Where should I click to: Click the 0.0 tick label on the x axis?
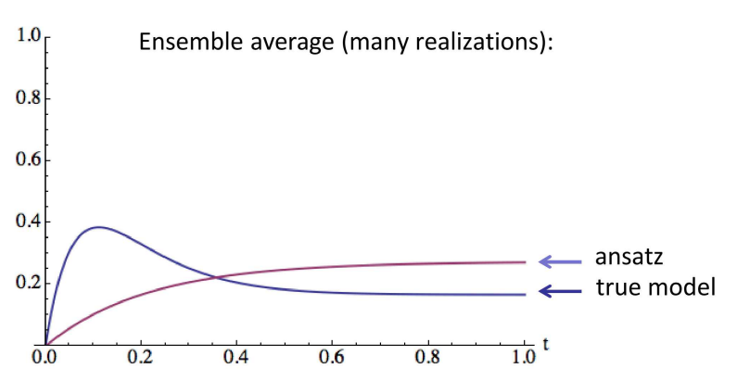tap(44, 356)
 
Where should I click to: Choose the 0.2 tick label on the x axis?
tap(141, 356)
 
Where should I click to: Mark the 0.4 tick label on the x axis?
tap(236, 356)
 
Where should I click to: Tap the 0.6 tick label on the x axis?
tap(333, 356)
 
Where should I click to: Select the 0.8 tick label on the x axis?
tap(428, 356)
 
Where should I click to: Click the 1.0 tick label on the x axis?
tap(525, 356)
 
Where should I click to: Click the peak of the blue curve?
tap(98, 227)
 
